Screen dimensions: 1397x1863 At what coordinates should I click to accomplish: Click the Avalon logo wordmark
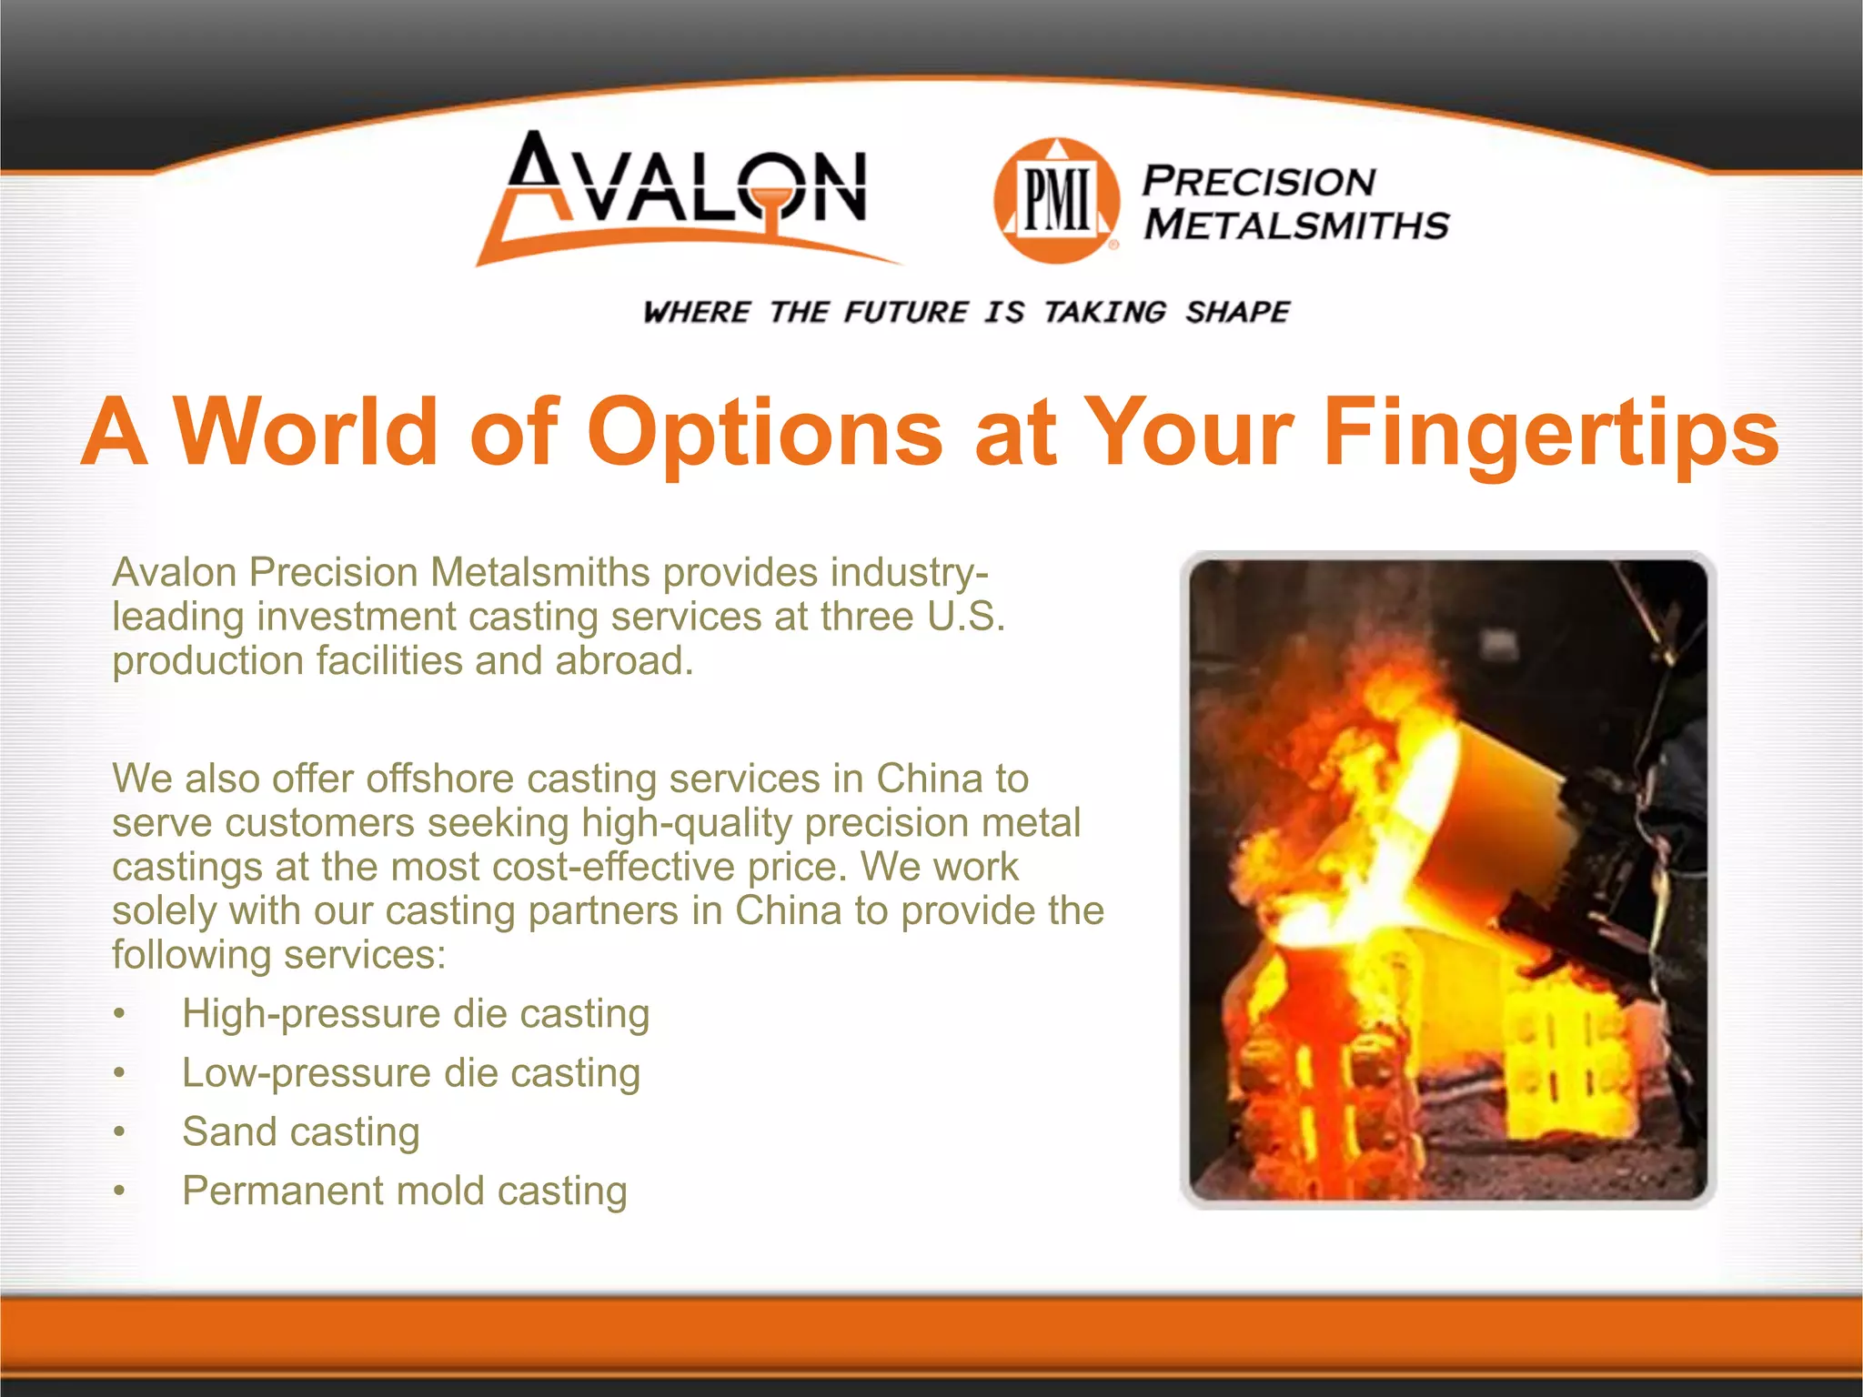[x=687, y=186]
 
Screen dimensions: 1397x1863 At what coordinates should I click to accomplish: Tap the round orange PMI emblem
[x=1057, y=201]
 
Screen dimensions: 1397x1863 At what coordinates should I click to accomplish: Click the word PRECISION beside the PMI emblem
[x=1258, y=181]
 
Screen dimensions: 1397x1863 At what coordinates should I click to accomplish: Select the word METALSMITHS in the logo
[x=1296, y=225]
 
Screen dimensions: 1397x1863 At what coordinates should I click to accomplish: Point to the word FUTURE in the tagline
[x=906, y=312]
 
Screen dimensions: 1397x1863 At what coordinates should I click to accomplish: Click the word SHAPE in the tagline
[x=1237, y=312]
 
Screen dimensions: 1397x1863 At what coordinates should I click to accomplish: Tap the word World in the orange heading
[x=307, y=431]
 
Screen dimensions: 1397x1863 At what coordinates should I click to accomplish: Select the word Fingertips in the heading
[x=1550, y=433]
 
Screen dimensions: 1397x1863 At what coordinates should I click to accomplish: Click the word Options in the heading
[x=765, y=433]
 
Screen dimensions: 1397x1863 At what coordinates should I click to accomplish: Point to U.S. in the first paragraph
[x=966, y=617]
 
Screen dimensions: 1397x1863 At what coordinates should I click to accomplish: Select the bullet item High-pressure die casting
[x=416, y=1013]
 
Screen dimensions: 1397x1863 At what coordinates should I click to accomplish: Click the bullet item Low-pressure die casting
[x=411, y=1072]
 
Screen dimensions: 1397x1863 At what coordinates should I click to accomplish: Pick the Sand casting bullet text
[x=301, y=1131]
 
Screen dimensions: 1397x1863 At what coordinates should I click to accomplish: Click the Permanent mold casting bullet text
[x=405, y=1191]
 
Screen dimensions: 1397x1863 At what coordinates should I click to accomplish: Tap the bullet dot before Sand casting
[x=119, y=1132]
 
